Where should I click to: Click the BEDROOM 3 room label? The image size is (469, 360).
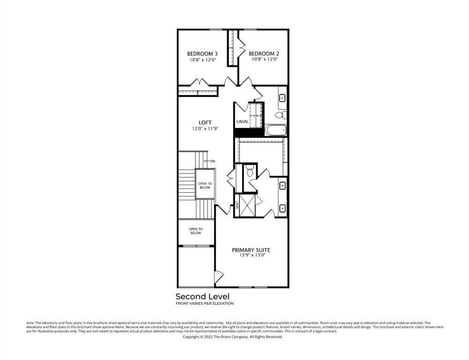[202, 53]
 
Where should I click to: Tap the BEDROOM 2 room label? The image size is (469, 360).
[264, 53]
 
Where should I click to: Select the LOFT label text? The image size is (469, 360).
[205, 123]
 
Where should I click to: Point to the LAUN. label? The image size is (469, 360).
[242, 121]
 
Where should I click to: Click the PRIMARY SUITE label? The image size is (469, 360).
[251, 250]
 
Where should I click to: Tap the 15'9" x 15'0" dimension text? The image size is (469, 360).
[251, 256]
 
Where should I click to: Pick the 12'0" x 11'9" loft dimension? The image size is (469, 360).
[205, 128]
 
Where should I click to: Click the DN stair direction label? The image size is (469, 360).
[212, 161]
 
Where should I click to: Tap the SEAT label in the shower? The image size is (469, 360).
[238, 204]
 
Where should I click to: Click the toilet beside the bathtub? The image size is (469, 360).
[279, 114]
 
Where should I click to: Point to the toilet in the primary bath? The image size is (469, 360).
[250, 172]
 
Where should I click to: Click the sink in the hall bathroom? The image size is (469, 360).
[283, 98]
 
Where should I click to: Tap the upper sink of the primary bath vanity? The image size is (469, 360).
[283, 186]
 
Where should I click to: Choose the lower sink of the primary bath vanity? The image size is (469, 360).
[283, 208]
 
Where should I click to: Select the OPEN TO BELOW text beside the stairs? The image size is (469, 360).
[204, 185]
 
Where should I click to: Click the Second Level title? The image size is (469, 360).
[202, 296]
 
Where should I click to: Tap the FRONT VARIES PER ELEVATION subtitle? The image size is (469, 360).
[204, 304]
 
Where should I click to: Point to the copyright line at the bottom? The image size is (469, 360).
[232, 337]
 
